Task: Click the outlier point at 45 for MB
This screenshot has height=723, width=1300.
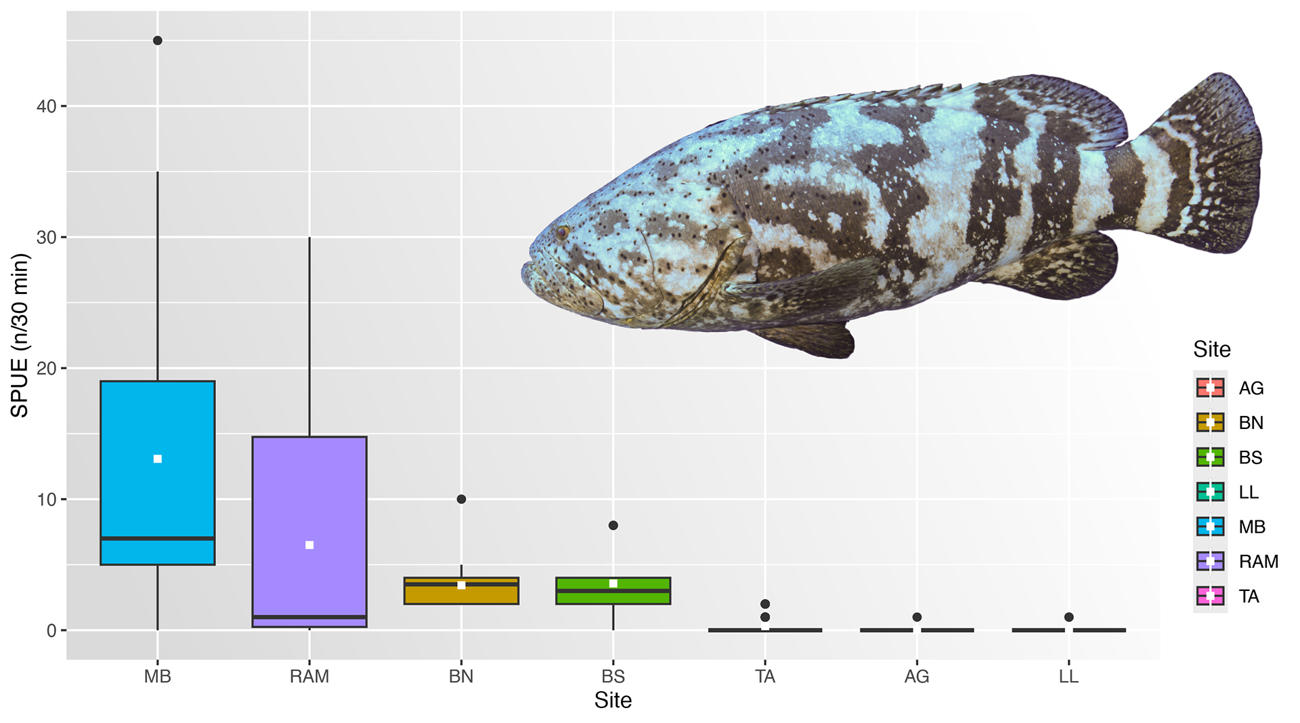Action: click(x=158, y=41)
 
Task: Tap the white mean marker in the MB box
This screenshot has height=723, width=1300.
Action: click(x=158, y=459)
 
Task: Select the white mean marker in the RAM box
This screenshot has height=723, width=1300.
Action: click(x=309, y=545)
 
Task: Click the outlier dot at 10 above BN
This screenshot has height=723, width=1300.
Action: click(x=461, y=499)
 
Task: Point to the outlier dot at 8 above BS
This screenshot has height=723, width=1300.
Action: click(x=613, y=525)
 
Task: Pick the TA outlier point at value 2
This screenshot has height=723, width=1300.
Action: click(x=765, y=604)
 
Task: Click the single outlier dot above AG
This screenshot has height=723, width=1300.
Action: click(x=917, y=617)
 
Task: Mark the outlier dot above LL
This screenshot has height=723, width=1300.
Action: click(x=1068, y=617)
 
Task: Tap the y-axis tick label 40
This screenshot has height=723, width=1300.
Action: click(x=46, y=106)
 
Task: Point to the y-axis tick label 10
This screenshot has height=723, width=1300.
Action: click(x=46, y=500)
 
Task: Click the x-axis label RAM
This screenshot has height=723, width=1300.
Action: click(x=309, y=676)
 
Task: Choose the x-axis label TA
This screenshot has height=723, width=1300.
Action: click(x=765, y=676)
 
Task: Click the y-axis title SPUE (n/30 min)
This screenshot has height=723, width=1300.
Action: click(x=20, y=335)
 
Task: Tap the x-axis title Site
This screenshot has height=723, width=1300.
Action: click(x=613, y=700)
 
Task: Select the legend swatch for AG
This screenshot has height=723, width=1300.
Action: click(x=1210, y=388)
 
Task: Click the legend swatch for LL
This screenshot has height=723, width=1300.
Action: click(x=1210, y=492)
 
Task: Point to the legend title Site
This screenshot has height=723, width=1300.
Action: click(x=1211, y=350)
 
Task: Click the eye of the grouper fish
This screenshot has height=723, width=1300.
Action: click(x=562, y=232)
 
